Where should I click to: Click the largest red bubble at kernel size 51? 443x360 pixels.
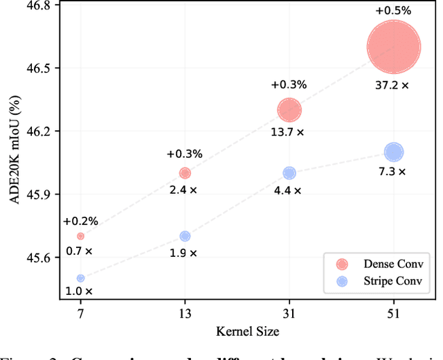pyautogui.click(x=393, y=47)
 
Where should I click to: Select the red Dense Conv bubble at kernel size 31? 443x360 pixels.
pyautogui.click(x=289, y=109)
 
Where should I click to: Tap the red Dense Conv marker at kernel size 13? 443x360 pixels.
pyautogui.click(x=185, y=173)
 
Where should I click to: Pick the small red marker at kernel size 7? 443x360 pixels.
pyautogui.click(x=80, y=236)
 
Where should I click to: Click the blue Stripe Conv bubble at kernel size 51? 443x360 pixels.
pyautogui.click(x=393, y=152)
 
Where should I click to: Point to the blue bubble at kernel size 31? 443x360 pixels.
pyautogui.click(x=289, y=173)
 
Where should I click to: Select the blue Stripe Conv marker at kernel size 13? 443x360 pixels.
pyautogui.click(x=185, y=236)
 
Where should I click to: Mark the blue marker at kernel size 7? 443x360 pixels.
pyautogui.click(x=80, y=278)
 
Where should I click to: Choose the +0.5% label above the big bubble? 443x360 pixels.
pyautogui.click(x=393, y=10)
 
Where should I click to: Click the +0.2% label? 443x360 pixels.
pyautogui.click(x=80, y=222)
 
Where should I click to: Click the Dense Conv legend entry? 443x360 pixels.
pyautogui.click(x=377, y=263)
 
